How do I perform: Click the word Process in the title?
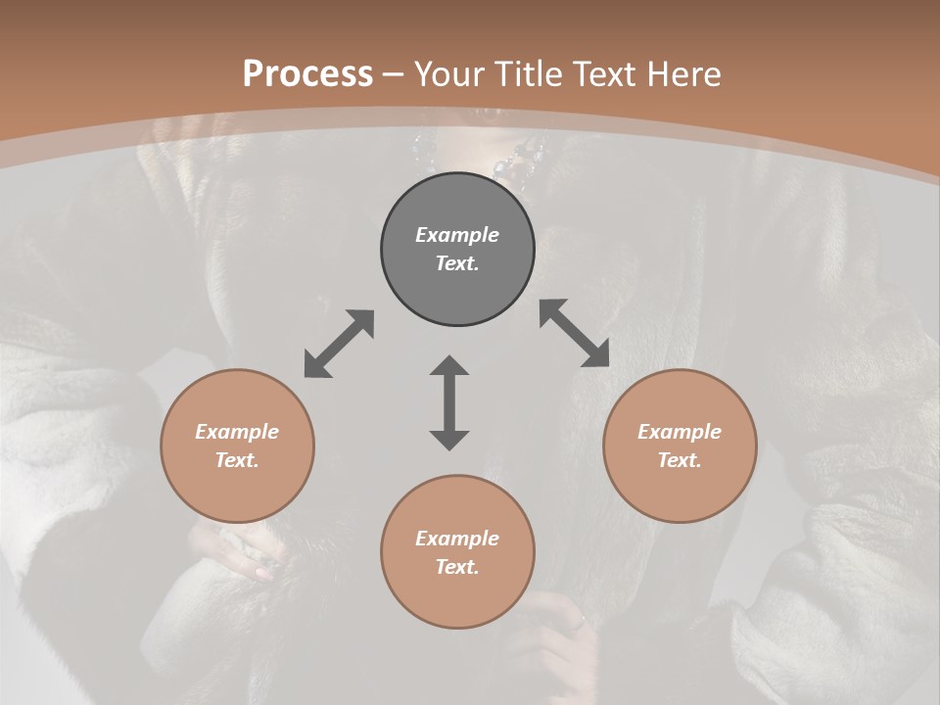point(307,74)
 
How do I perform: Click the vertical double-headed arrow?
point(449,402)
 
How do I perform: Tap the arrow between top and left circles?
point(339,344)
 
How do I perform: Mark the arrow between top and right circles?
point(574,333)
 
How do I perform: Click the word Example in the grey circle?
point(457,235)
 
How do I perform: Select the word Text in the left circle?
point(236,460)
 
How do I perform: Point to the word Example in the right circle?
point(680,432)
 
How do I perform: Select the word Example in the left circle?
point(237,432)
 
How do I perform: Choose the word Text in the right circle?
point(679,460)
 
